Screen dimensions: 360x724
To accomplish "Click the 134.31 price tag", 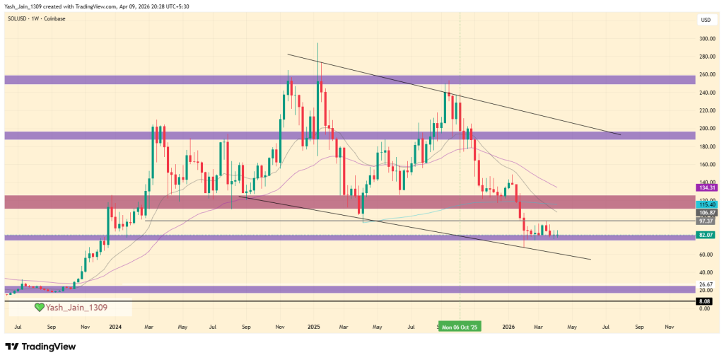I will [x=708, y=187].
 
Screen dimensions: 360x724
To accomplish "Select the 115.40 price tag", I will [x=708, y=204].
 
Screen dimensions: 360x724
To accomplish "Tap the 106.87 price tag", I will [x=708, y=212].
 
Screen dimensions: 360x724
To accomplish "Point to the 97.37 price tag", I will [x=708, y=221].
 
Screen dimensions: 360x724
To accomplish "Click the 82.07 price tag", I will [x=708, y=234].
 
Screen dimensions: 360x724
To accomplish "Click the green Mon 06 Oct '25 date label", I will [x=460, y=327].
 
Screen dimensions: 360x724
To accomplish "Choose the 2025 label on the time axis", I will [x=314, y=327].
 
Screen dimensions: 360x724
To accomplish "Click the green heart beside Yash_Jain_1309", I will [x=40, y=308].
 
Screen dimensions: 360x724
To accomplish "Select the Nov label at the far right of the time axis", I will [x=669, y=327].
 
